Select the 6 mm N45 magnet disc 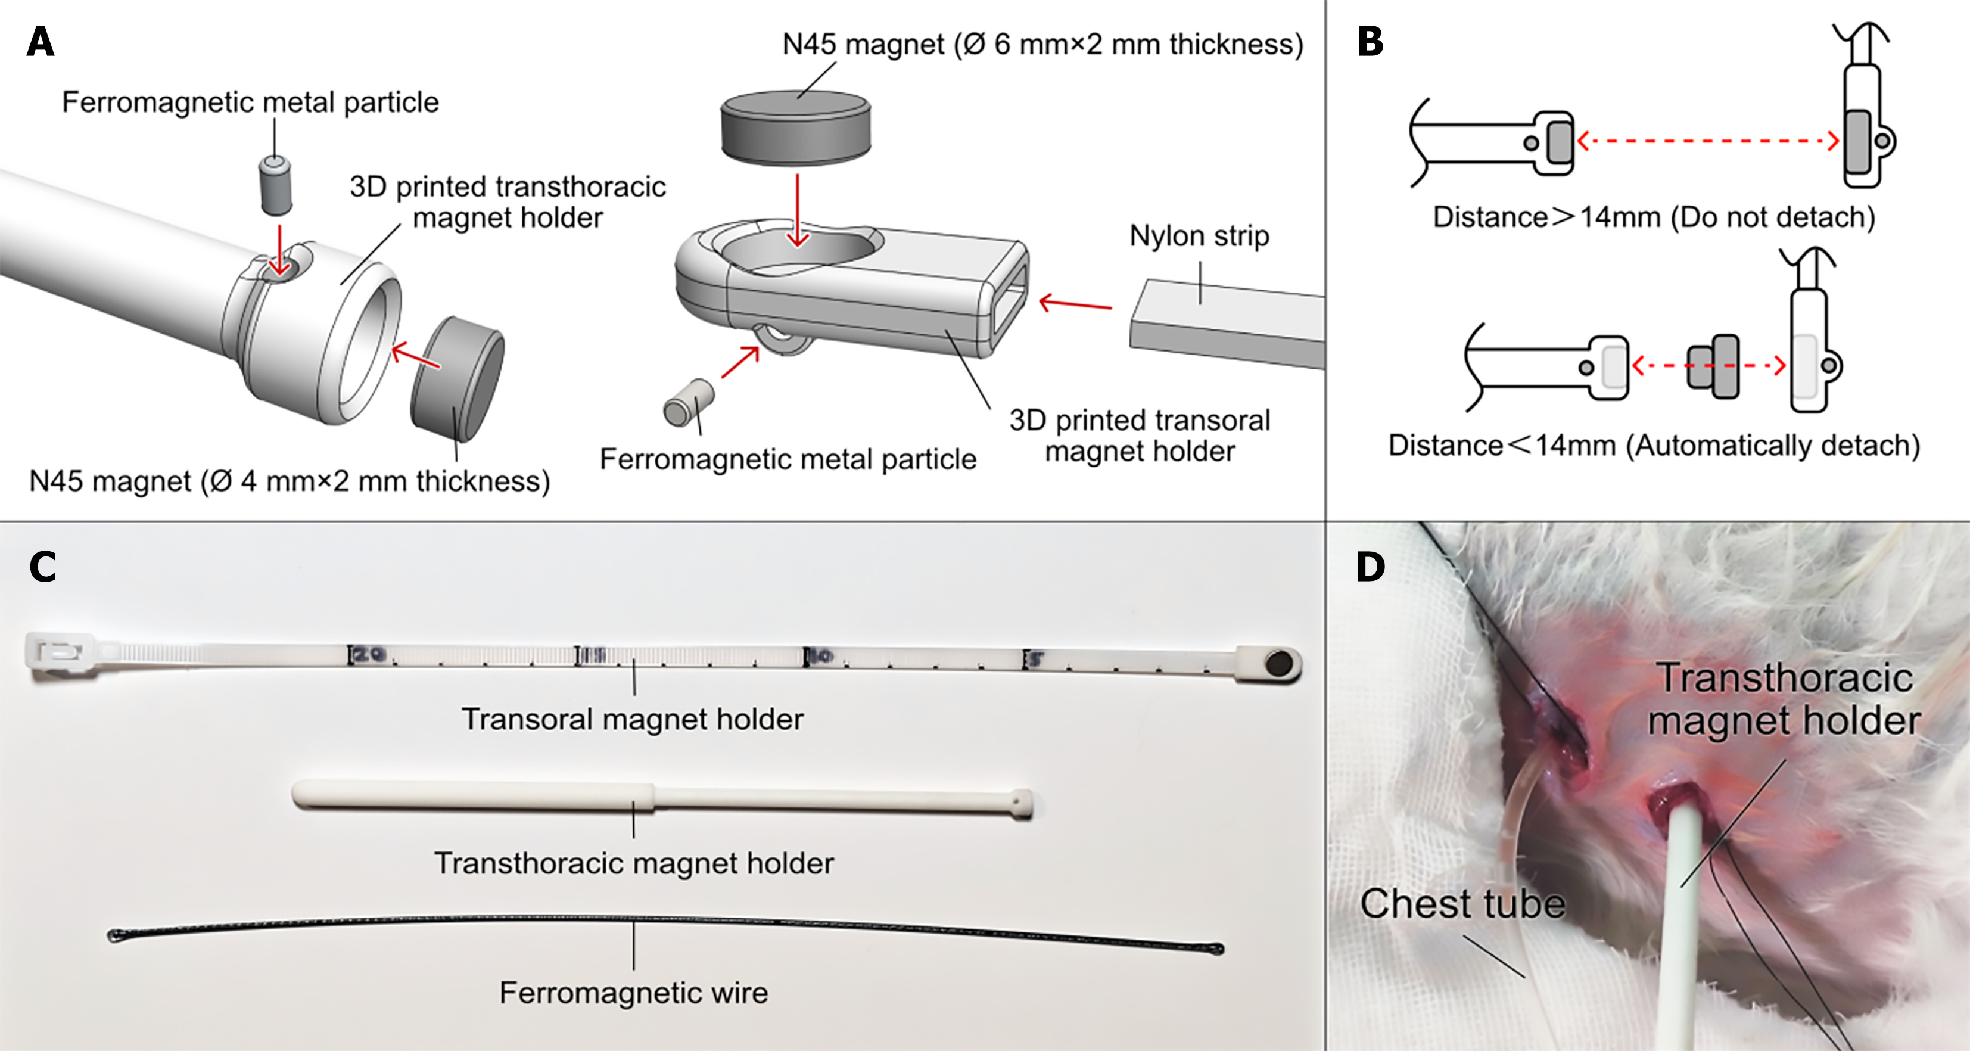795,127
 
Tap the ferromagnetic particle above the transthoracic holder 276,186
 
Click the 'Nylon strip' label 1199,235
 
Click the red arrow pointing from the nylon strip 1075,304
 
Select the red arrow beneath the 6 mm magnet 798,210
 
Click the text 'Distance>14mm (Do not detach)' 1654,217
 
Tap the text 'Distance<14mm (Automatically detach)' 1654,445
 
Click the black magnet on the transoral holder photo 1278,663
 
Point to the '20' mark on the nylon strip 369,655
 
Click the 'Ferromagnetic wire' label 633,992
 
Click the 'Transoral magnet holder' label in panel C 633,719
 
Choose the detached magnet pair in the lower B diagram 1714,366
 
